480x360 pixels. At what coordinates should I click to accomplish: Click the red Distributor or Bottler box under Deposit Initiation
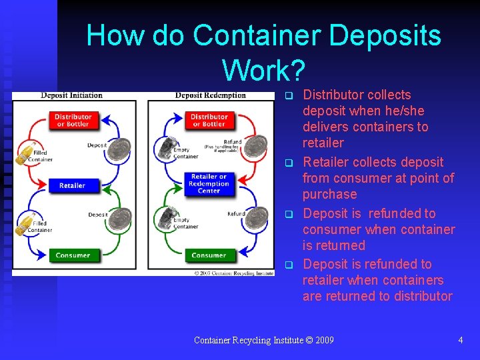pos(73,121)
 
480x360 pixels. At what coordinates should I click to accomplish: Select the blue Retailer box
pos(73,185)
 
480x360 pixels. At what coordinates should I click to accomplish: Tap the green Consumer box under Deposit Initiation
pos(73,255)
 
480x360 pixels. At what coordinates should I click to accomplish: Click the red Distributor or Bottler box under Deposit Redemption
pos(209,121)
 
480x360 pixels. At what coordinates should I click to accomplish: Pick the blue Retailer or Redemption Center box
pos(209,183)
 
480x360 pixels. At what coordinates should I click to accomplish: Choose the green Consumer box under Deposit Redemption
pos(209,255)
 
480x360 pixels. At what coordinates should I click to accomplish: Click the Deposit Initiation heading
pos(71,95)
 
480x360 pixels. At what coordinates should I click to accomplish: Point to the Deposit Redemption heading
pos(211,95)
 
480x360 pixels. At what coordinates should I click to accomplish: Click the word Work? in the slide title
pos(264,69)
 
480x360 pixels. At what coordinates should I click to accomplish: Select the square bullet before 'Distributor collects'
pos(289,95)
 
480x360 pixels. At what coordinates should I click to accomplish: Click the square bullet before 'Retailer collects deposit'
pos(289,163)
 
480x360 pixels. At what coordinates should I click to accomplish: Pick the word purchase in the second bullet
pos(330,194)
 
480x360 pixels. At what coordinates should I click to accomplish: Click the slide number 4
pos(460,340)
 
